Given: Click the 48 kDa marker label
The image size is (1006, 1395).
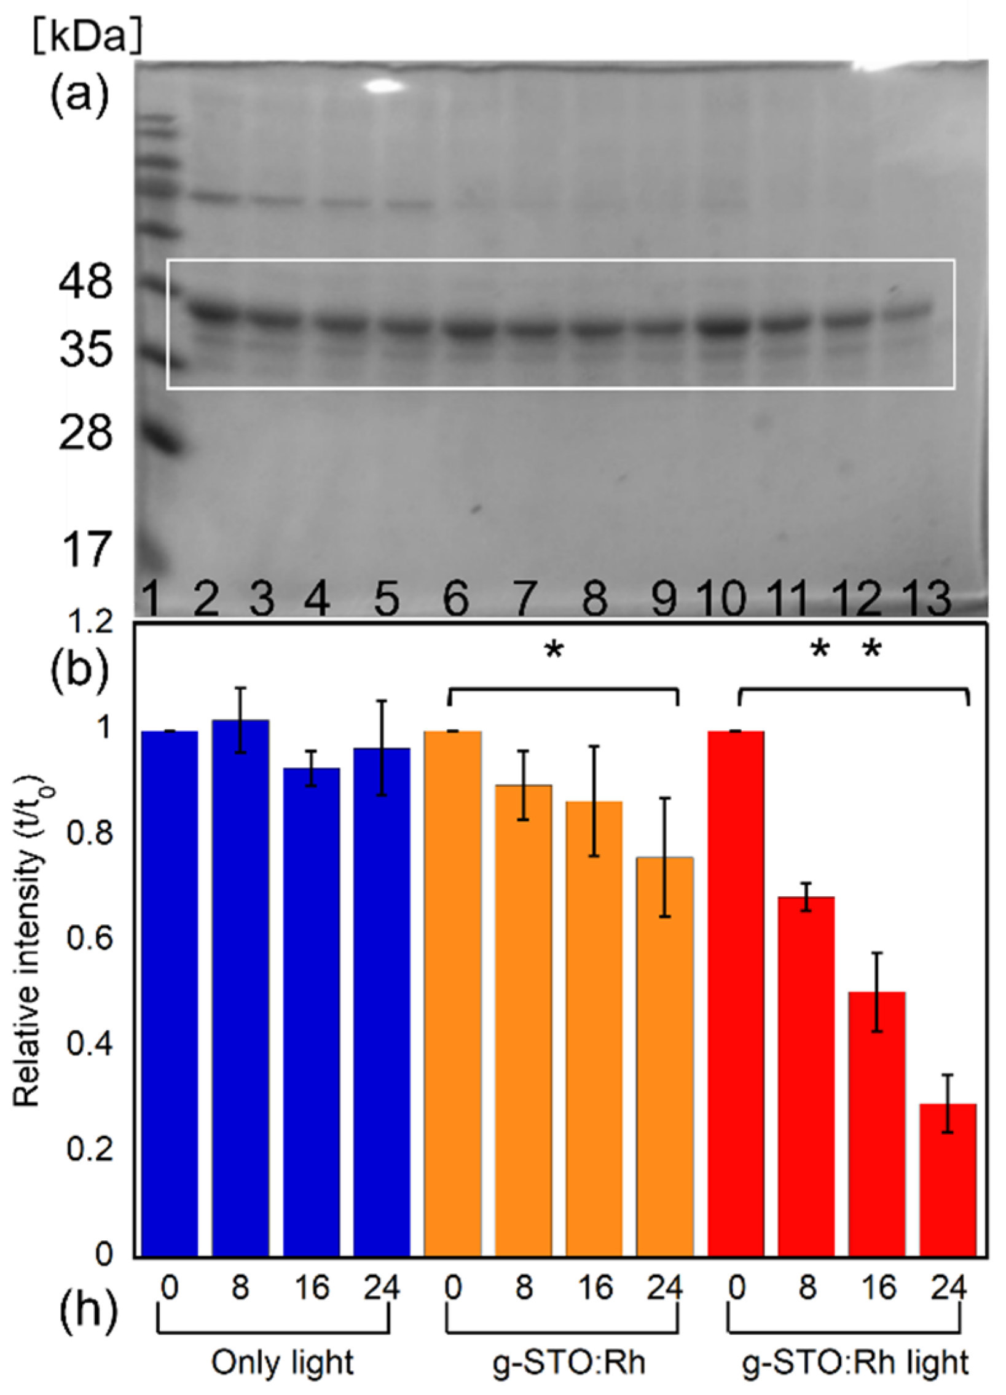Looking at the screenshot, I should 85,284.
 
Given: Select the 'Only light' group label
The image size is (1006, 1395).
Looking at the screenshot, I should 283,1363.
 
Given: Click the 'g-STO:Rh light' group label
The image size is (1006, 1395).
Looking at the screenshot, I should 855,1363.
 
